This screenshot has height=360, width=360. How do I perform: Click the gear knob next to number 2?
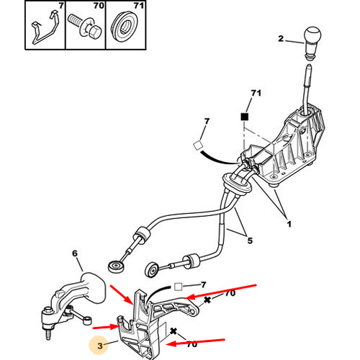(312, 43)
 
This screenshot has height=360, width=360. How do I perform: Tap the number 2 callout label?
(281, 39)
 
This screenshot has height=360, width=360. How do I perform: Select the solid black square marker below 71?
(245, 117)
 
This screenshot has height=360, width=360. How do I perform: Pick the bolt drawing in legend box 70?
(85, 27)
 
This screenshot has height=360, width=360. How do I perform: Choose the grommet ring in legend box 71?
(125, 26)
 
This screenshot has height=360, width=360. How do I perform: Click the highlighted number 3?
(100, 346)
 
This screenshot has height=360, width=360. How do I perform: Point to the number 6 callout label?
(75, 253)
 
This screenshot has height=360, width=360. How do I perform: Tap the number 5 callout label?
(250, 240)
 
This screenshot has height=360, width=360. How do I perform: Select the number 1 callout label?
(289, 224)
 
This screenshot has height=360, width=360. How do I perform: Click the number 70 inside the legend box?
(99, 5)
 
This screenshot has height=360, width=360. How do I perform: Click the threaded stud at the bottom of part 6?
(49, 335)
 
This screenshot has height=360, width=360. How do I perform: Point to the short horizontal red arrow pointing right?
(106, 327)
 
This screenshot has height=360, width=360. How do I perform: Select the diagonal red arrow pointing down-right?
(121, 294)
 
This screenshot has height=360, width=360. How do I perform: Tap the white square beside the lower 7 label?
(178, 287)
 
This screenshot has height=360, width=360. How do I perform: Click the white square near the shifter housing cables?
(197, 145)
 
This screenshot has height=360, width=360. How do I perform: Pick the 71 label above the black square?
(256, 93)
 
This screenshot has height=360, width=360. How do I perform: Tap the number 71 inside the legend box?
(139, 5)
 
